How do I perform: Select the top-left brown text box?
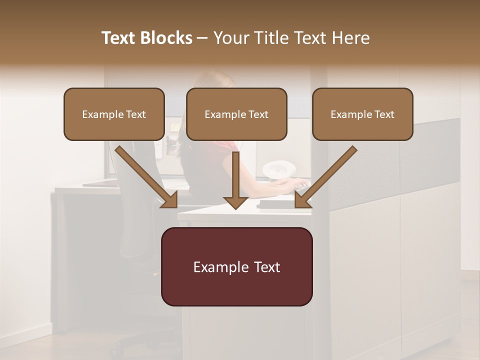pos(114,114)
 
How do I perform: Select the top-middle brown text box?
pos(236,114)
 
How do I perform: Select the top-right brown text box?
pos(362,114)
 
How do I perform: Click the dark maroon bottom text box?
pos(236,266)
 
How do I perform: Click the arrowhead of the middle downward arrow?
pos(235,201)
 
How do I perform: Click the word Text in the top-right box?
pos(384,114)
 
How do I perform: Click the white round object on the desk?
pos(276,169)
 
